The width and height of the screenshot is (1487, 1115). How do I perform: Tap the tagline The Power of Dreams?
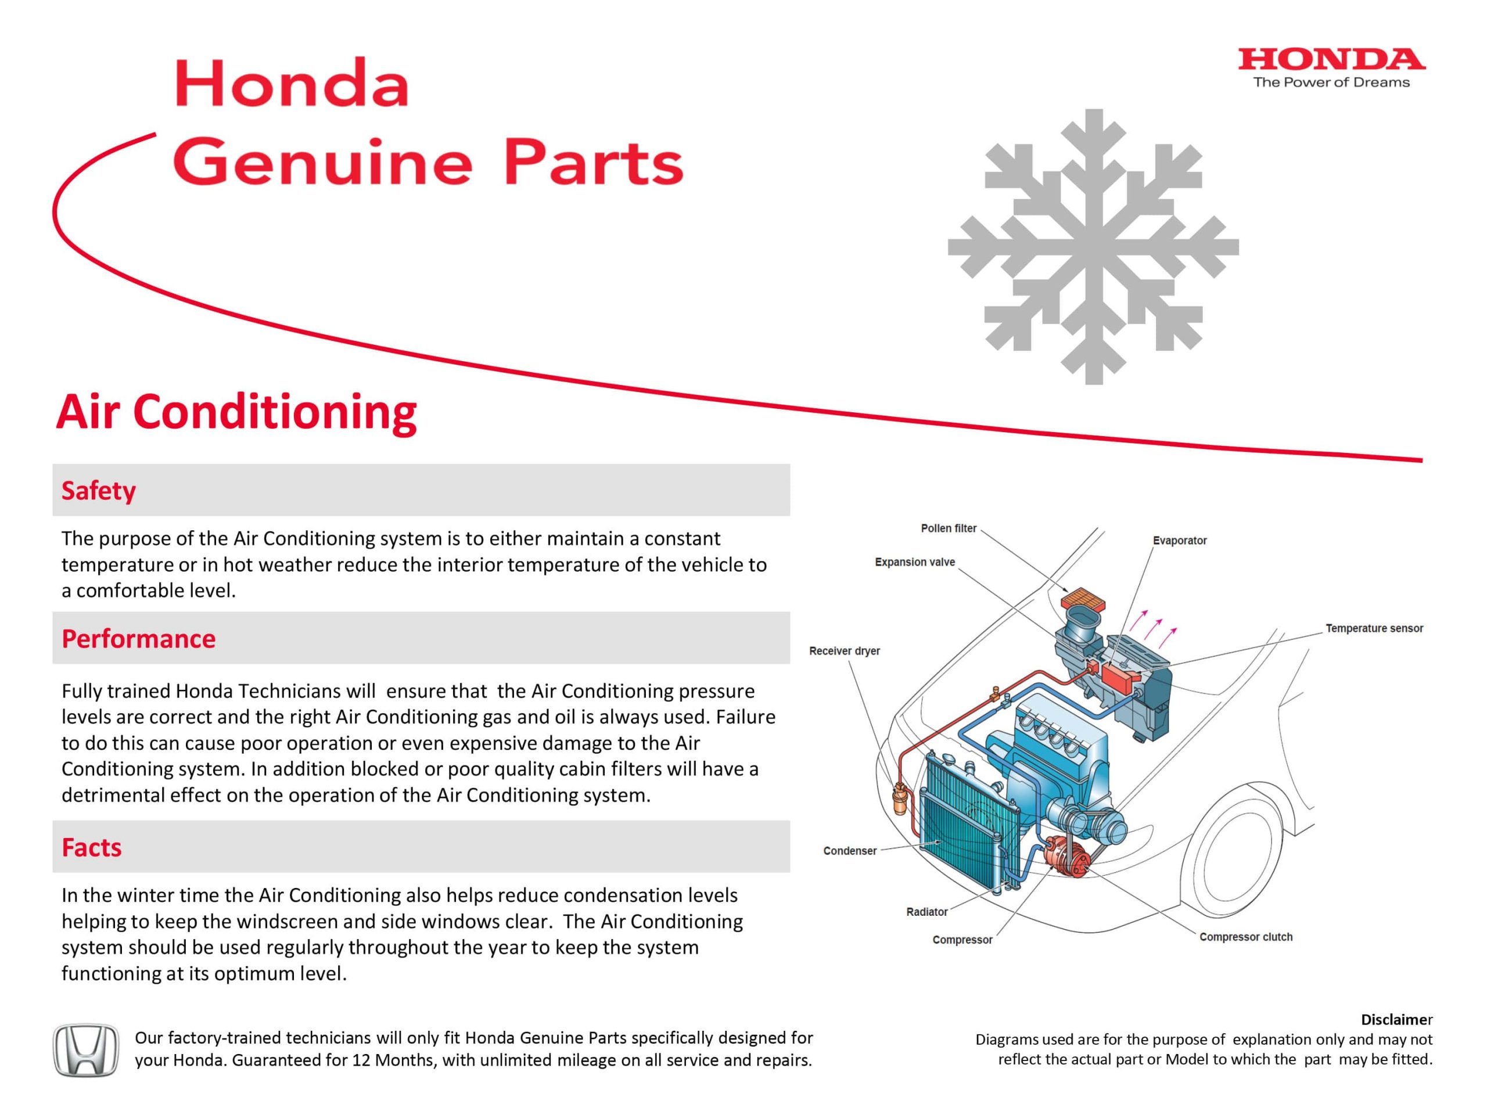[x=1331, y=82]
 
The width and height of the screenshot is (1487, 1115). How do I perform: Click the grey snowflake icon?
[x=1093, y=247]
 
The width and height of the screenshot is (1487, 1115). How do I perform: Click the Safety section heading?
[x=98, y=490]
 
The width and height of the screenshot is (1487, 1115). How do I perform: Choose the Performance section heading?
[x=138, y=638]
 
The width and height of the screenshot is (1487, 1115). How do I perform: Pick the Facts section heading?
[x=91, y=847]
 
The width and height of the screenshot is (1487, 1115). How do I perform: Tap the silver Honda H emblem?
[x=85, y=1050]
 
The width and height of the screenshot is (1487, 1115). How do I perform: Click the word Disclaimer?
[x=1396, y=1019]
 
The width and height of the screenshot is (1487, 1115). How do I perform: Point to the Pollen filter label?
[x=948, y=528]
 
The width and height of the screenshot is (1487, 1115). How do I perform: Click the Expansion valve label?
[x=914, y=562]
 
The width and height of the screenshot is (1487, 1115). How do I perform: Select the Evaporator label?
[x=1179, y=540]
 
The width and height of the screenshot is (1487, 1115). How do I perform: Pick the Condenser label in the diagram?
[x=849, y=851]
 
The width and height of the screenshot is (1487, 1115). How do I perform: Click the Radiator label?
[x=926, y=912]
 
